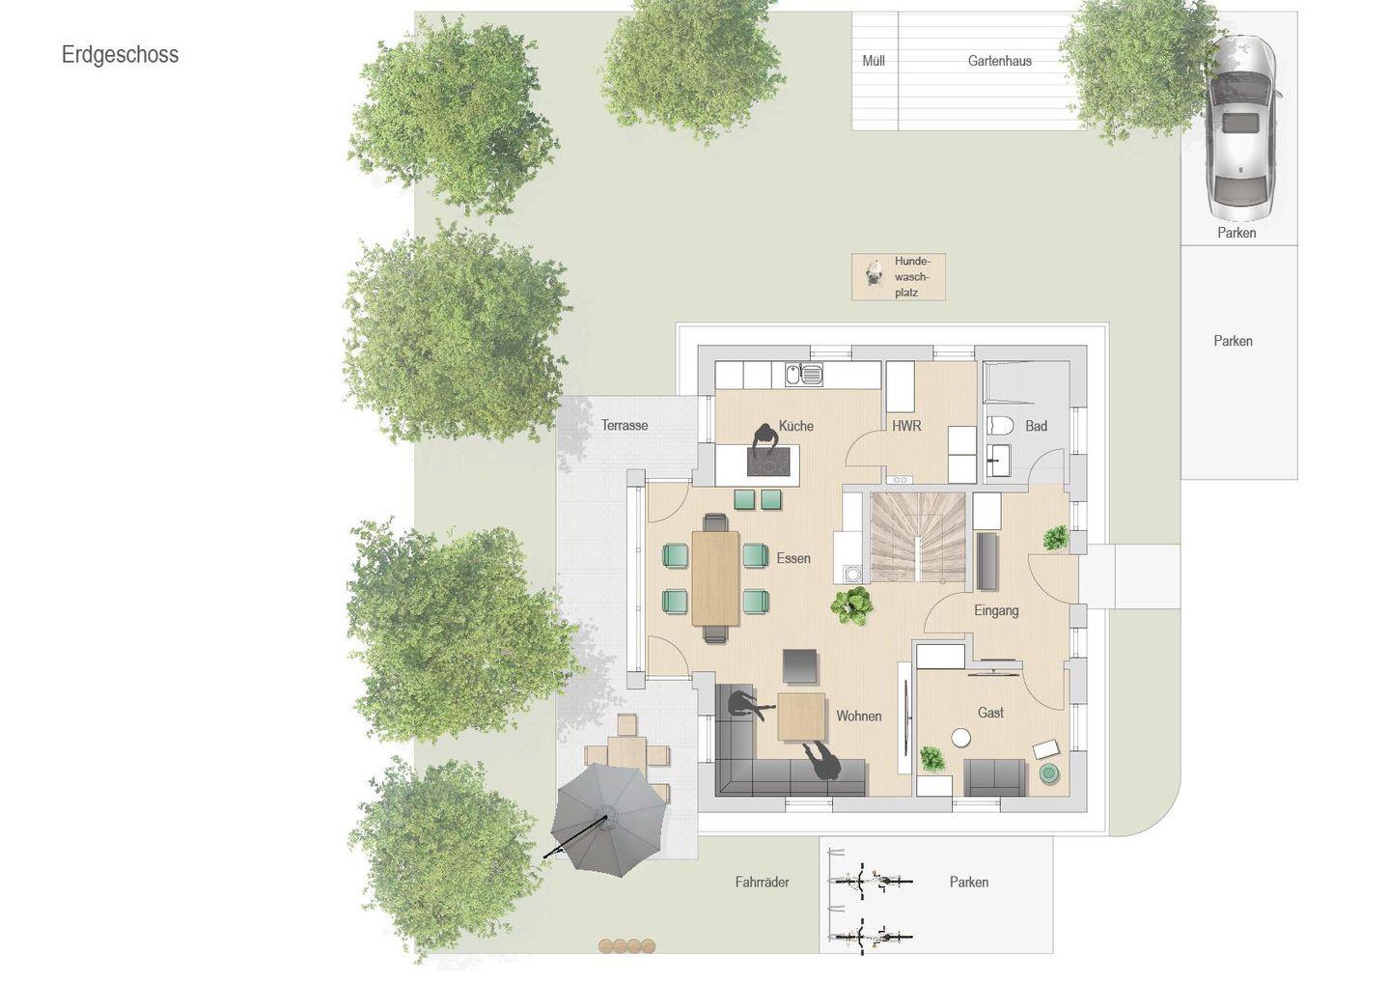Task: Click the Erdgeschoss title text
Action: click(x=120, y=55)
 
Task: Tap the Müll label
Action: click(x=873, y=61)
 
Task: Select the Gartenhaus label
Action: click(x=1000, y=61)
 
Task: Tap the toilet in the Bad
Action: click(x=999, y=426)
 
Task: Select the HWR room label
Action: click(x=906, y=427)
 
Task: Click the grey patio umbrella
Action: click(x=608, y=820)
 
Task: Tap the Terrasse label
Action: click(x=625, y=426)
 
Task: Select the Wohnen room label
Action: click(x=859, y=716)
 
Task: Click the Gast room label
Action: click(x=990, y=713)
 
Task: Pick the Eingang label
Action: click(x=996, y=611)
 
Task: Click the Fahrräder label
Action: click(x=762, y=882)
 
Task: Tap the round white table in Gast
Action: click(x=960, y=738)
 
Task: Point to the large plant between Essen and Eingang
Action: click(x=852, y=605)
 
